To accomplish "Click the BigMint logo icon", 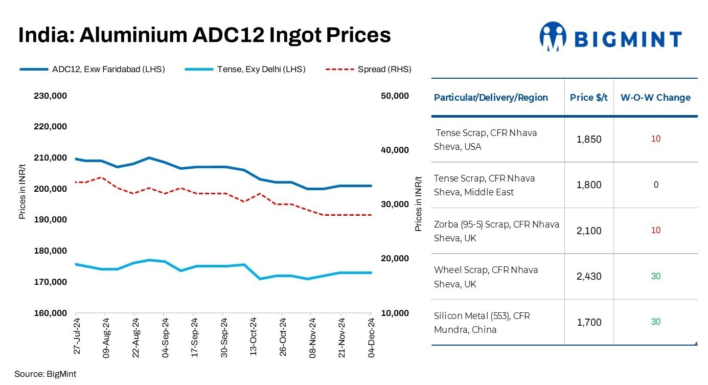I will [x=553, y=36].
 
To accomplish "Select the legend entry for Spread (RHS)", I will [x=368, y=69].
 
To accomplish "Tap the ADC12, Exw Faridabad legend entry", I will [x=92, y=69].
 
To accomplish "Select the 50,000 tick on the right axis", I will [x=395, y=96].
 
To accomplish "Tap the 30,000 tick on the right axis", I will [x=395, y=205].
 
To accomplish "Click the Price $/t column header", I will [x=589, y=97].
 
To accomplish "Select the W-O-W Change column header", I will [x=655, y=97].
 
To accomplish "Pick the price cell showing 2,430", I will [x=589, y=277].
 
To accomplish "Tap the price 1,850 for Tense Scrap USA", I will [x=589, y=140].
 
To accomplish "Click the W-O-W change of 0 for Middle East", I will [x=656, y=185].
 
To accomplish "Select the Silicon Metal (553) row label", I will [x=482, y=323].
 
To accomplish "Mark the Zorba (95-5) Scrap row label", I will [x=496, y=231].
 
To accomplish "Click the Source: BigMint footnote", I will [x=45, y=374].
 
